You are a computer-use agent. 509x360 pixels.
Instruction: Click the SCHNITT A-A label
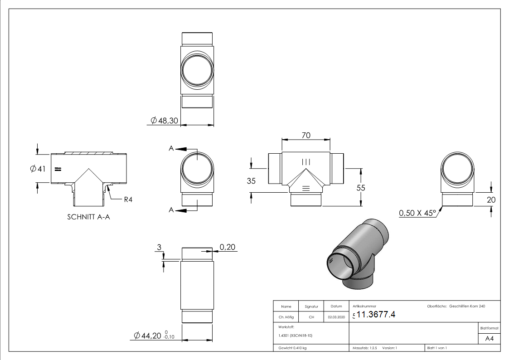88,217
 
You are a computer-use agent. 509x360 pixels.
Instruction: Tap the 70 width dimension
305,135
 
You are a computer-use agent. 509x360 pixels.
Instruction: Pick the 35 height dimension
251,181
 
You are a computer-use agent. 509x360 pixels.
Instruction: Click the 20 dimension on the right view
491,199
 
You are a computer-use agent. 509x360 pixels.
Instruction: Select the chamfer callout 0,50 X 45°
417,213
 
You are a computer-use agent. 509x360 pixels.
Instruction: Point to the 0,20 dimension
227,247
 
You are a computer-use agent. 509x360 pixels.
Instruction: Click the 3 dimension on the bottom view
159,247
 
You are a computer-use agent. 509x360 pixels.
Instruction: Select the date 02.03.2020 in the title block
336,317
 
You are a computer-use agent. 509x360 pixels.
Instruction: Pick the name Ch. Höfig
286,317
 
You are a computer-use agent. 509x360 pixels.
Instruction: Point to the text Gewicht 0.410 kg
292,348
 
